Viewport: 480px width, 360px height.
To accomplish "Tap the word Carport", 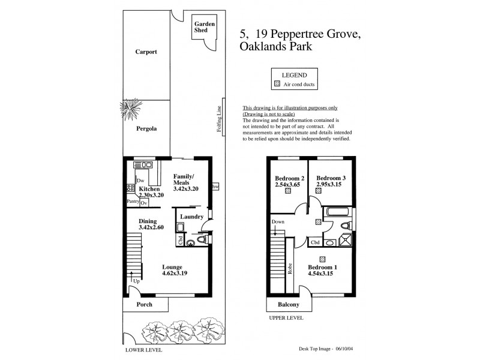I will (146, 52).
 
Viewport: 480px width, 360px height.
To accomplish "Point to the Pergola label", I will (145, 128).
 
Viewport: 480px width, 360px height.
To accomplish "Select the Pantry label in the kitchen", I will (133, 202).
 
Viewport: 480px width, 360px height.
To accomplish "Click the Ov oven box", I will (144, 203).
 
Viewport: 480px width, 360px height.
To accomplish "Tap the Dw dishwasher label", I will (140, 181).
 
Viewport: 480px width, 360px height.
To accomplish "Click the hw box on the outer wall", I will (215, 187).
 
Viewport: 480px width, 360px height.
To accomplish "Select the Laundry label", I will (193, 217).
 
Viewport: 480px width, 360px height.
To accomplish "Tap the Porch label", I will (143, 305).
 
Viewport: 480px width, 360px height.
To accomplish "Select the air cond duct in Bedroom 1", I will (322, 259).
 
